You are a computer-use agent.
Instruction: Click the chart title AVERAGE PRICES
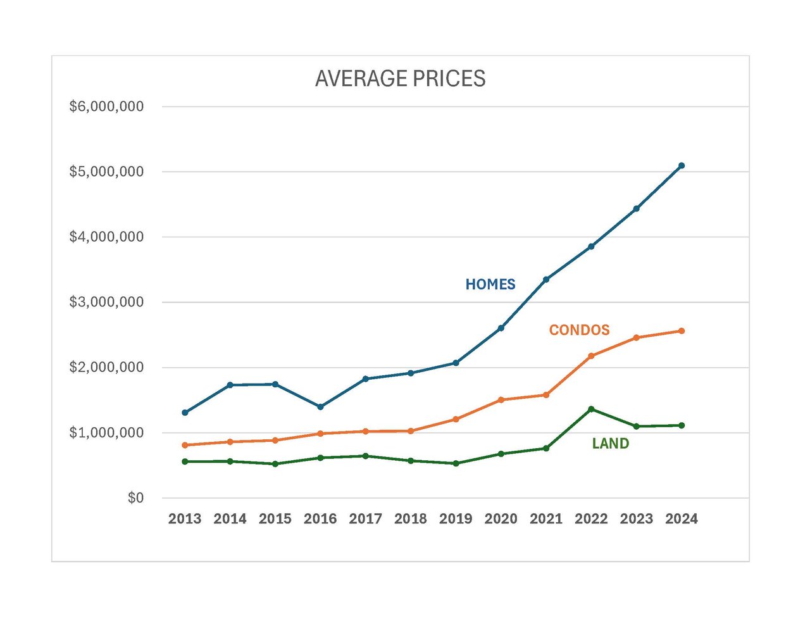click(400, 78)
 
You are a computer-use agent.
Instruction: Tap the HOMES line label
click(490, 285)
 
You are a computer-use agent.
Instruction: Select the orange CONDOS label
click(579, 330)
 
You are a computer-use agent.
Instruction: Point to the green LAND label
click(610, 444)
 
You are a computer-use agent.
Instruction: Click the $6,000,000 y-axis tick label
click(106, 106)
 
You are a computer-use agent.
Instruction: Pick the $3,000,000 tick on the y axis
click(106, 302)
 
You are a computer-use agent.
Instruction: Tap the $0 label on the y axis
click(135, 498)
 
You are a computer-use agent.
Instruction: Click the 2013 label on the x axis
click(185, 519)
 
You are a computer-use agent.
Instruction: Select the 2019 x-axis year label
click(456, 519)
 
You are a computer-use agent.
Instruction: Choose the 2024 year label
click(682, 519)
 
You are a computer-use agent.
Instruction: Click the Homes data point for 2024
click(682, 166)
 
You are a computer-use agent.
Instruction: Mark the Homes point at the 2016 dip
click(320, 407)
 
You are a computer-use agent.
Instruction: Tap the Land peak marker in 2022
click(591, 409)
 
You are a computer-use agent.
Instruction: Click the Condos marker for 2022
click(591, 356)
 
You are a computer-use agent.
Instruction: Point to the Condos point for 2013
click(185, 445)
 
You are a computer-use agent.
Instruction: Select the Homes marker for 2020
click(501, 328)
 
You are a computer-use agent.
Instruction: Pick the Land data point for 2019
click(456, 463)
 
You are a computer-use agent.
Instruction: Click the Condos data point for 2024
click(682, 331)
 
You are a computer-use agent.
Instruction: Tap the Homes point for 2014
click(230, 385)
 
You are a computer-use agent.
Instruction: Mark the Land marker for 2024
click(682, 425)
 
